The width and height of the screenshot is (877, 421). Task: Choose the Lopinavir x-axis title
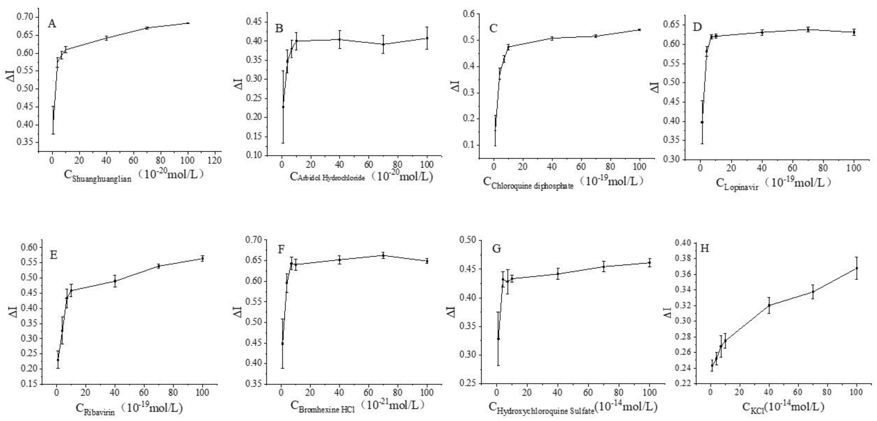tap(773, 184)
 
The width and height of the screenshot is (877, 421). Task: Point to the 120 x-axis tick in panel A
tap(215, 160)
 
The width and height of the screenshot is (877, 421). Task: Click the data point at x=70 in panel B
tap(383, 44)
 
